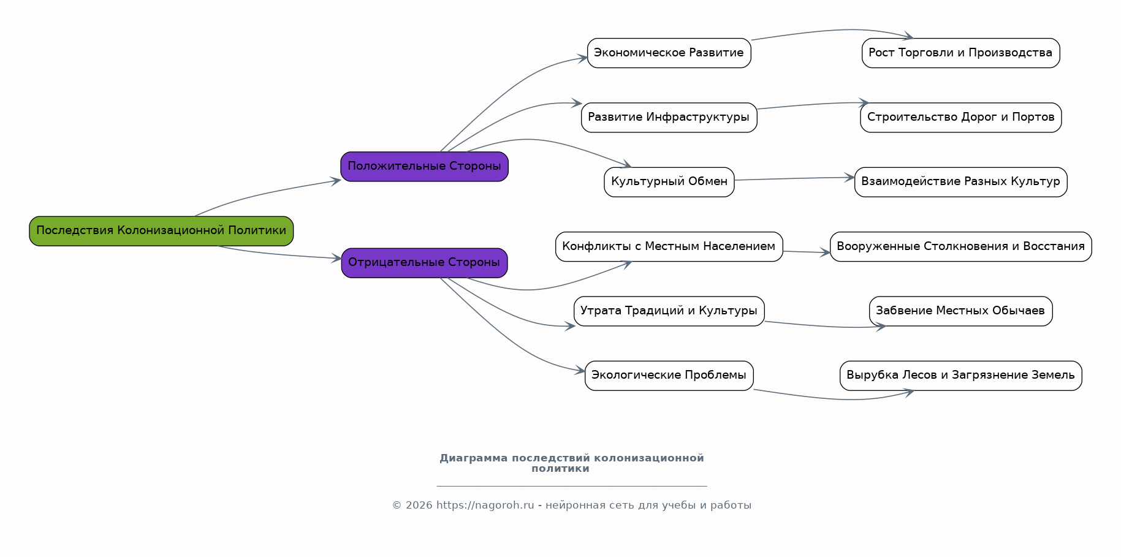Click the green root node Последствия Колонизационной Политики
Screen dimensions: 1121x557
pyautogui.click(x=161, y=231)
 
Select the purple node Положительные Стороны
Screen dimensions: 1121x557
pyautogui.click(x=424, y=167)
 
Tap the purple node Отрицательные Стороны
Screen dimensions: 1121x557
pyautogui.click(x=424, y=263)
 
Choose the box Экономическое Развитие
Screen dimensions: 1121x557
pyautogui.click(x=669, y=53)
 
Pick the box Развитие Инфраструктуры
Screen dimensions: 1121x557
pyautogui.click(x=669, y=118)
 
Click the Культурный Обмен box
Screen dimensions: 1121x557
pyautogui.click(x=669, y=182)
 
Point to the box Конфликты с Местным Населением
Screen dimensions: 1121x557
pyautogui.click(x=669, y=246)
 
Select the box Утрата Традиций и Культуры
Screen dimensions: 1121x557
pyautogui.click(x=669, y=311)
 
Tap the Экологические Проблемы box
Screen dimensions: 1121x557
pyautogui.click(x=669, y=376)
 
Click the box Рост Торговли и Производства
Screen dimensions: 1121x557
pyautogui.click(x=960, y=53)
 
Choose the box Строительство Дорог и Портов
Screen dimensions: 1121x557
pyautogui.click(x=960, y=118)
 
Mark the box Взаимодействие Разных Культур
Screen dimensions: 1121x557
pyautogui.click(x=960, y=182)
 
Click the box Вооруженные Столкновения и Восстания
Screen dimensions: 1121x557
pyautogui.click(x=960, y=246)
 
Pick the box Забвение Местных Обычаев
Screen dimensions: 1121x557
pyautogui.click(x=960, y=311)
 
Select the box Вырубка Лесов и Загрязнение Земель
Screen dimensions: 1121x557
pyautogui.click(x=960, y=376)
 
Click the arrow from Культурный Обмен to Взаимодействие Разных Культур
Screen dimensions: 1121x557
pyautogui.click(x=794, y=179)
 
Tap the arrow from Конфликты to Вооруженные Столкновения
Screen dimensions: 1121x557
pyautogui.click(x=807, y=252)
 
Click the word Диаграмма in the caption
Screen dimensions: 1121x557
pyautogui.click(x=474, y=458)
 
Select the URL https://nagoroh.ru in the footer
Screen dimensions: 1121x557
pyautogui.click(x=485, y=506)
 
